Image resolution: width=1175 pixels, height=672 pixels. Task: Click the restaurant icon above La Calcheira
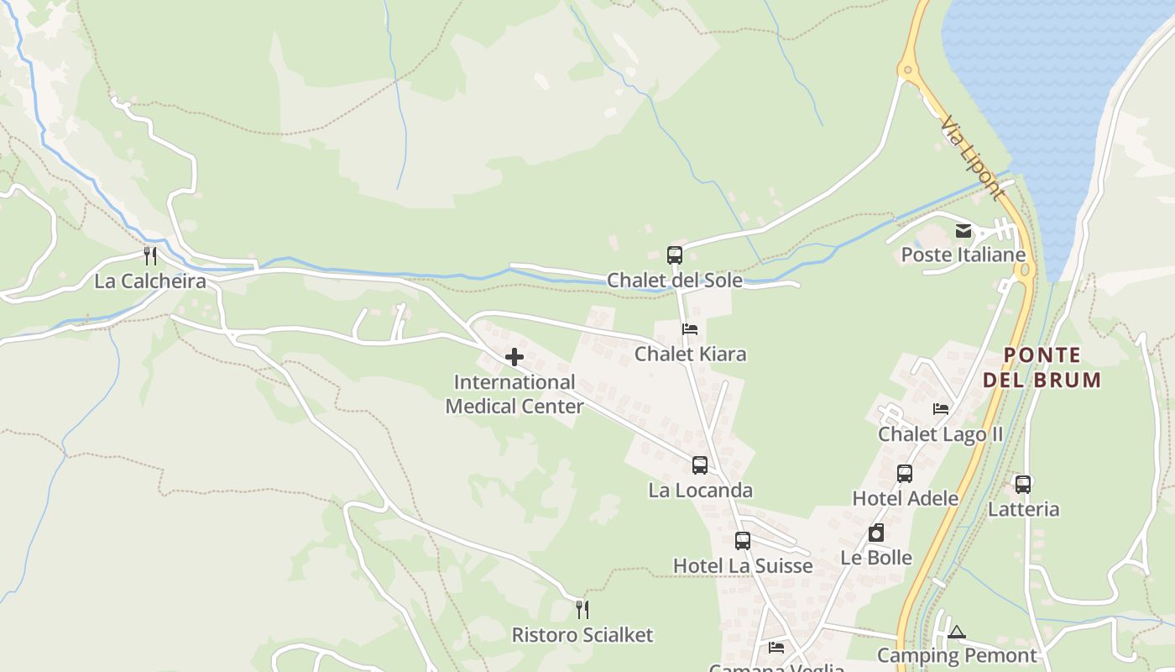click(150, 255)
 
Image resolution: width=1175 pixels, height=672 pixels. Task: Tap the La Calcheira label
click(150, 281)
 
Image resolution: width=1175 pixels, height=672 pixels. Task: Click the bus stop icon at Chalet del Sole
click(675, 255)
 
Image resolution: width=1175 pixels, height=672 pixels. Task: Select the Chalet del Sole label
click(675, 281)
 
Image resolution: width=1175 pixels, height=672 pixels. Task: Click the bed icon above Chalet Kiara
click(690, 329)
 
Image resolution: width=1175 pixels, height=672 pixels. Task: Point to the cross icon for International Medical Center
click(514, 358)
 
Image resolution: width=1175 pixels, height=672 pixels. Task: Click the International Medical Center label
click(514, 394)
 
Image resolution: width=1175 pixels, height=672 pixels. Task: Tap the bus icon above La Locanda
click(700, 465)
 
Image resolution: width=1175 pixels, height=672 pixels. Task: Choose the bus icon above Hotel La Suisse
click(743, 541)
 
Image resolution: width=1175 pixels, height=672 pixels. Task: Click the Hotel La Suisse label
click(743, 566)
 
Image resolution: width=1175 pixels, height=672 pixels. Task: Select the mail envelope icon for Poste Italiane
click(963, 230)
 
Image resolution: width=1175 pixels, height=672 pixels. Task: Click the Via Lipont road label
click(972, 159)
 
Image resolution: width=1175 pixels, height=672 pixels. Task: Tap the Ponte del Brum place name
click(1042, 368)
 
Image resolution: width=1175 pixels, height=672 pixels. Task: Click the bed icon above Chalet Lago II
click(941, 409)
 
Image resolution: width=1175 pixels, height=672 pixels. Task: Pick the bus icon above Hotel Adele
click(905, 474)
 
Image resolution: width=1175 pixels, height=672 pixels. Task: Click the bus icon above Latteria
click(1023, 485)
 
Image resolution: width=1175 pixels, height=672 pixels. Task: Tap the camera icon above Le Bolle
click(876, 533)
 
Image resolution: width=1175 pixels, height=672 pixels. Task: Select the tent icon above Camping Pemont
click(957, 632)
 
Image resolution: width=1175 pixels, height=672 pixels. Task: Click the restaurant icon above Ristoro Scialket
click(582, 610)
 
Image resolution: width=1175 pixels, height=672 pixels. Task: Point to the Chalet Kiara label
click(690, 354)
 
